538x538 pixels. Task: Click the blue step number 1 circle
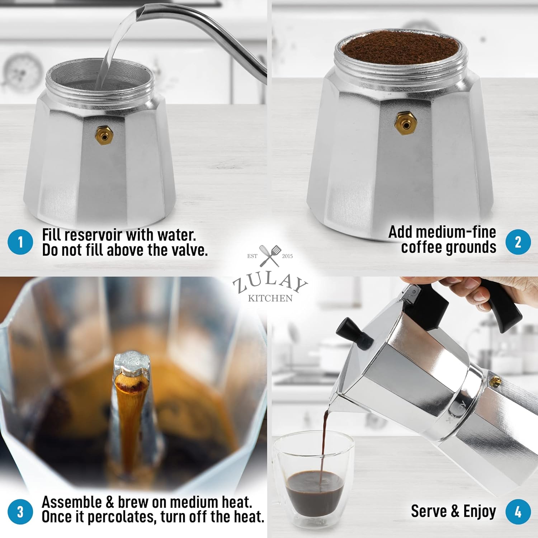[x=20, y=242]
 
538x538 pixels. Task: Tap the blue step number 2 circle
[x=518, y=242]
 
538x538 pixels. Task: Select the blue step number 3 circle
[x=20, y=511]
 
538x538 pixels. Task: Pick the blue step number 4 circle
[x=518, y=511]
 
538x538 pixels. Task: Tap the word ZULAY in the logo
[x=270, y=283]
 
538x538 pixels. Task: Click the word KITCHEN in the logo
[x=270, y=298]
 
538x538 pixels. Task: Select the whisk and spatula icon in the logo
[x=270, y=255]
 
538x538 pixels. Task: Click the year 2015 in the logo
[x=287, y=256]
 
